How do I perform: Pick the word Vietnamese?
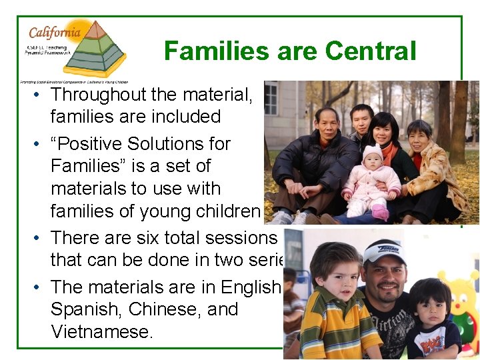(101, 331)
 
